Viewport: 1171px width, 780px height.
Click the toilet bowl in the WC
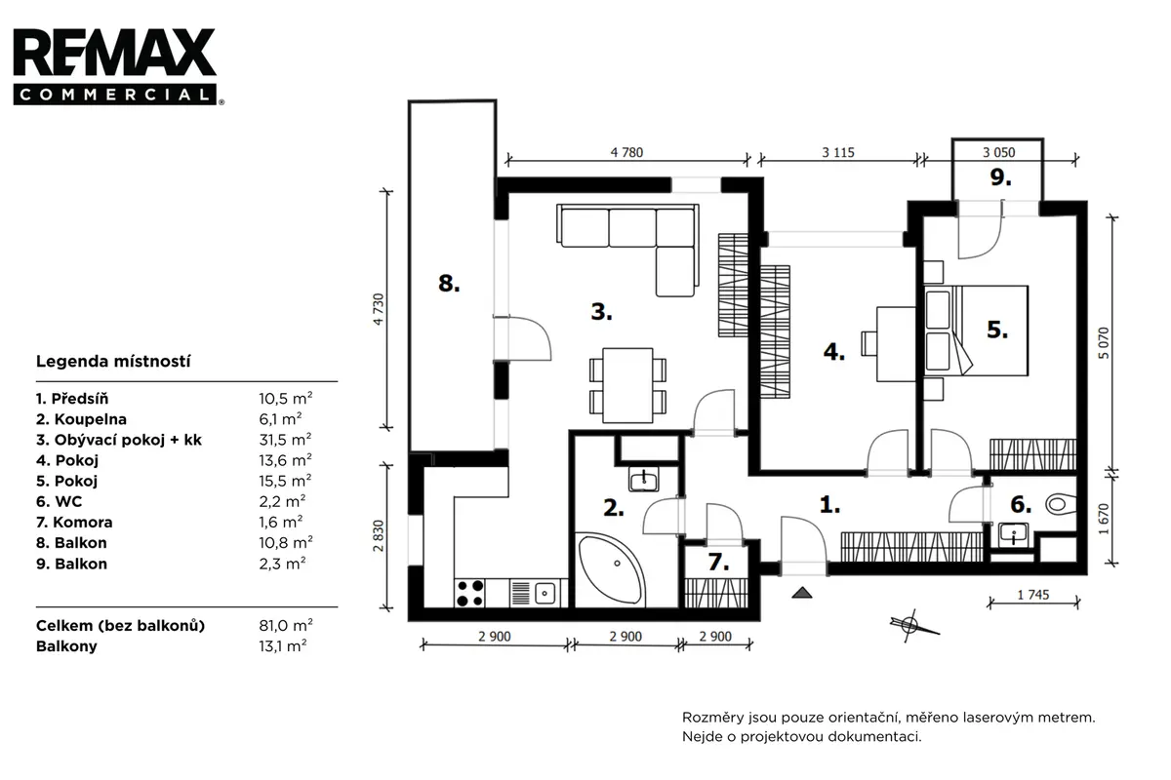click(x=1060, y=504)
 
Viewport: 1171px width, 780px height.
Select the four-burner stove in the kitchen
click(x=470, y=593)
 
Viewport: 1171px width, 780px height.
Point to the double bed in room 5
click(x=976, y=331)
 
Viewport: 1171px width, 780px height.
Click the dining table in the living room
click(x=627, y=385)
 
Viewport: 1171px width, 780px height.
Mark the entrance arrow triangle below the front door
click(x=802, y=592)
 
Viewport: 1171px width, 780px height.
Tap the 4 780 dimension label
click(x=626, y=152)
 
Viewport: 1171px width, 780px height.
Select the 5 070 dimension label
click(x=1103, y=343)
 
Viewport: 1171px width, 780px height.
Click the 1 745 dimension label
click(x=1033, y=595)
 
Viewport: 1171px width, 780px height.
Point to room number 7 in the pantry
click(x=718, y=563)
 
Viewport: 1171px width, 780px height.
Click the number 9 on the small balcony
click(x=1000, y=177)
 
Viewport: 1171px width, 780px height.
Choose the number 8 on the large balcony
click(x=449, y=283)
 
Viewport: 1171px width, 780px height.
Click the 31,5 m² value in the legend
click(x=285, y=440)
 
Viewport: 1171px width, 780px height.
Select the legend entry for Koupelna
click(x=82, y=419)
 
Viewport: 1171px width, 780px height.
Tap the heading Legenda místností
click(x=113, y=361)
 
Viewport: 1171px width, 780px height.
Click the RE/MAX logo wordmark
click(x=115, y=53)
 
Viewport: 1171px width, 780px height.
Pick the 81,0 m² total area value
click(x=285, y=625)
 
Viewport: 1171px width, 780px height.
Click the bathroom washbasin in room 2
click(x=644, y=479)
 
